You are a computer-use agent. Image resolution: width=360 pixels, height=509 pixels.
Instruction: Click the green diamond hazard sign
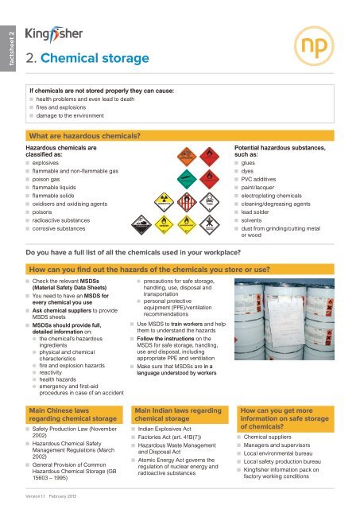[x=186, y=179]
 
